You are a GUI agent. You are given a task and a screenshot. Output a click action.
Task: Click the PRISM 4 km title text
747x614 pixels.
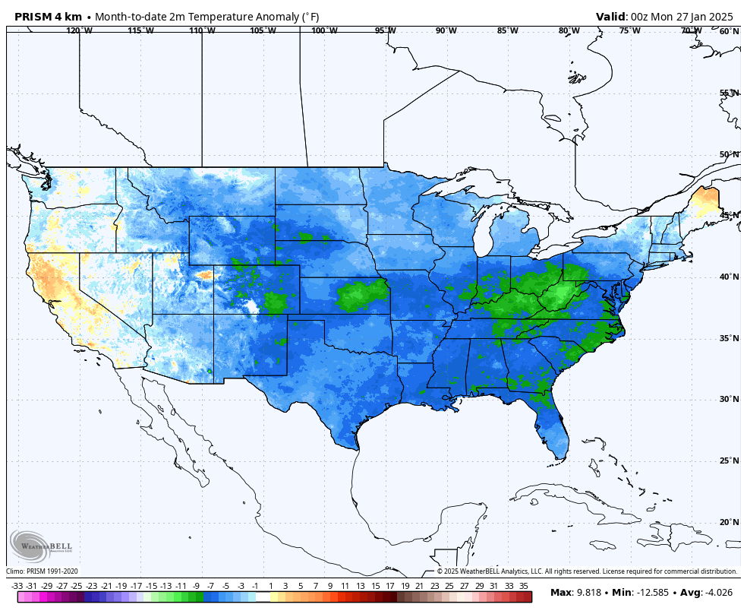(48, 17)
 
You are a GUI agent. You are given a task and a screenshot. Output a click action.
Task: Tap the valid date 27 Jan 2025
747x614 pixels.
(700, 17)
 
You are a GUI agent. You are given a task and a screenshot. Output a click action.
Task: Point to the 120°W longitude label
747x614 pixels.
(79, 31)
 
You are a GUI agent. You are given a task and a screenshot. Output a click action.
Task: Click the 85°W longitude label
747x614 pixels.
(507, 31)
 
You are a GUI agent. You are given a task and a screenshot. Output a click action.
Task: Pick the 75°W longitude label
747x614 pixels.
(629, 31)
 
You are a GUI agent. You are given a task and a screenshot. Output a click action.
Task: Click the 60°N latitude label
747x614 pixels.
(729, 31)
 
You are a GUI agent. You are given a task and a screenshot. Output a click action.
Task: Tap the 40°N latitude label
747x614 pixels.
(729, 277)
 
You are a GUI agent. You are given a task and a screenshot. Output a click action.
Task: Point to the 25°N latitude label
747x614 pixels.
(729, 460)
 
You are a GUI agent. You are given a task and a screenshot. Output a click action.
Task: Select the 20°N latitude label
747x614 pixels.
(729, 522)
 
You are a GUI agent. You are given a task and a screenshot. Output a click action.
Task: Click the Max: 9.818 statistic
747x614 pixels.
(578, 593)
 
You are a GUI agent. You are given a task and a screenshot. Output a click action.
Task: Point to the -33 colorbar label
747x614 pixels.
(17, 586)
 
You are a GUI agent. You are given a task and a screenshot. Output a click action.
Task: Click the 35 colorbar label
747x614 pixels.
(524, 586)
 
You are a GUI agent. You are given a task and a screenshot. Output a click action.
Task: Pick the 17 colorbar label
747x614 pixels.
(389, 586)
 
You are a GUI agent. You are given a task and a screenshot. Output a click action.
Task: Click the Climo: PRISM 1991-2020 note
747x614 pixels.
(43, 571)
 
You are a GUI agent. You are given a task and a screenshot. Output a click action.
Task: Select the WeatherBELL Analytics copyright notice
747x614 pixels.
(587, 571)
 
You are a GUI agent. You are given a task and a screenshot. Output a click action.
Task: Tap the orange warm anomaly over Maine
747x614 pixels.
(709, 201)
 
